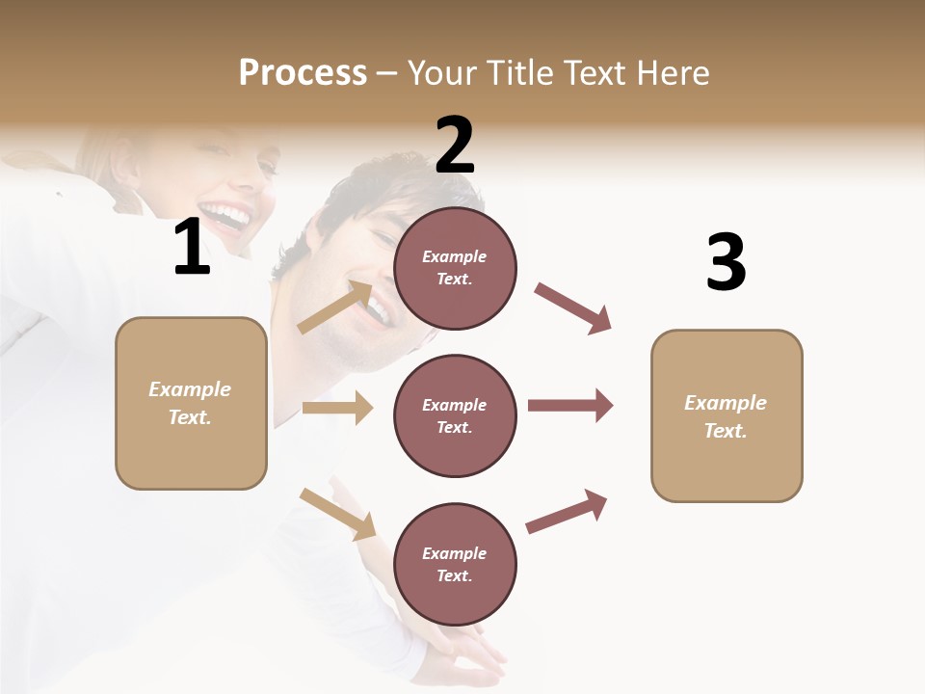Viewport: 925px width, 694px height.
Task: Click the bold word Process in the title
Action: [x=303, y=73]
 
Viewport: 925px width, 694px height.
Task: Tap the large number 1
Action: [x=192, y=248]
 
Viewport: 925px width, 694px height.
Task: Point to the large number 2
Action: [x=455, y=145]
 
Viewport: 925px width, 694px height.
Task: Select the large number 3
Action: [x=726, y=263]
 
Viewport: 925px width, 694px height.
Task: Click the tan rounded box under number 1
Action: [x=191, y=403]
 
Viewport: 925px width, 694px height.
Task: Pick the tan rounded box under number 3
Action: [x=727, y=416]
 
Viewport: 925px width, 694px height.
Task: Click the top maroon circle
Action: [x=455, y=268]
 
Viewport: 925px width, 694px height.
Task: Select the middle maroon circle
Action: [x=455, y=416]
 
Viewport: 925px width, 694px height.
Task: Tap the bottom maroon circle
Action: [x=455, y=565]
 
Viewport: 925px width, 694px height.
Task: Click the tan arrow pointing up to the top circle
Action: [x=334, y=307]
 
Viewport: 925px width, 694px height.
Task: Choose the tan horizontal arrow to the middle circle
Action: [x=337, y=408]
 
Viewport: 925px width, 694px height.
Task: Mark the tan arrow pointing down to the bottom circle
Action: [x=337, y=513]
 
